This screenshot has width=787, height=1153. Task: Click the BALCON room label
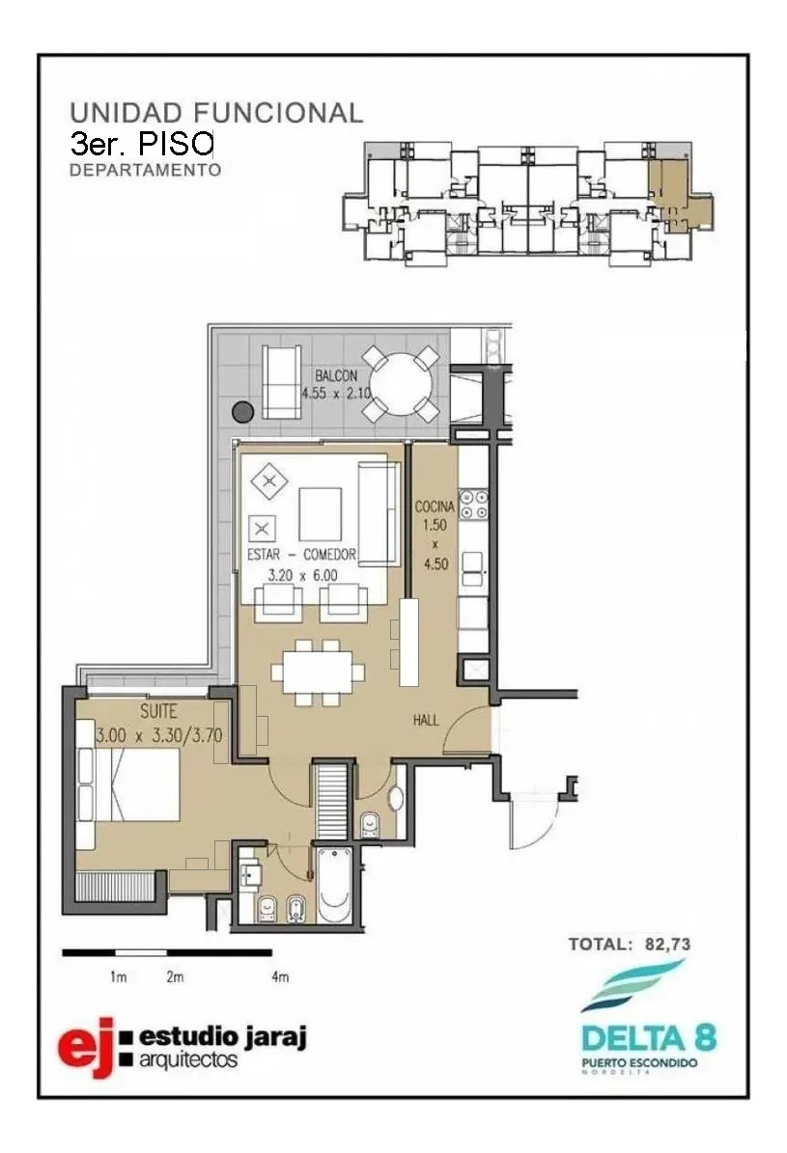coord(336,375)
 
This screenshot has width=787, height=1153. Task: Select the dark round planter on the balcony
coord(243,412)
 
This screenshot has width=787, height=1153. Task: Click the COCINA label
coord(435,506)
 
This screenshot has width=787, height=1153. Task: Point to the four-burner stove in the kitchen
coord(473,504)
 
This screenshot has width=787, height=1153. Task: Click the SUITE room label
coord(158,712)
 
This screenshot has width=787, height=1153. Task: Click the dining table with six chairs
coord(318,673)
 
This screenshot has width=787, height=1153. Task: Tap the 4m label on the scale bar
coord(280,977)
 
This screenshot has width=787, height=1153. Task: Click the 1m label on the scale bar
coord(119,977)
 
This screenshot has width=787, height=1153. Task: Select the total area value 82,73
coord(667,945)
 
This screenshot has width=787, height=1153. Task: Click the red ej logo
coord(87,1047)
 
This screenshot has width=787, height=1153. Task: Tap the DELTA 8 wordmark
coord(648,1038)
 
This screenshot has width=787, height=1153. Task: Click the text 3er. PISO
coord(141,144)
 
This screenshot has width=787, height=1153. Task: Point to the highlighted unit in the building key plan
coord(679,195)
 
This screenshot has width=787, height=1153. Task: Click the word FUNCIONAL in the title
coord(278,113)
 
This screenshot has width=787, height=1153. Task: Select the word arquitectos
coord(188,1060)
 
